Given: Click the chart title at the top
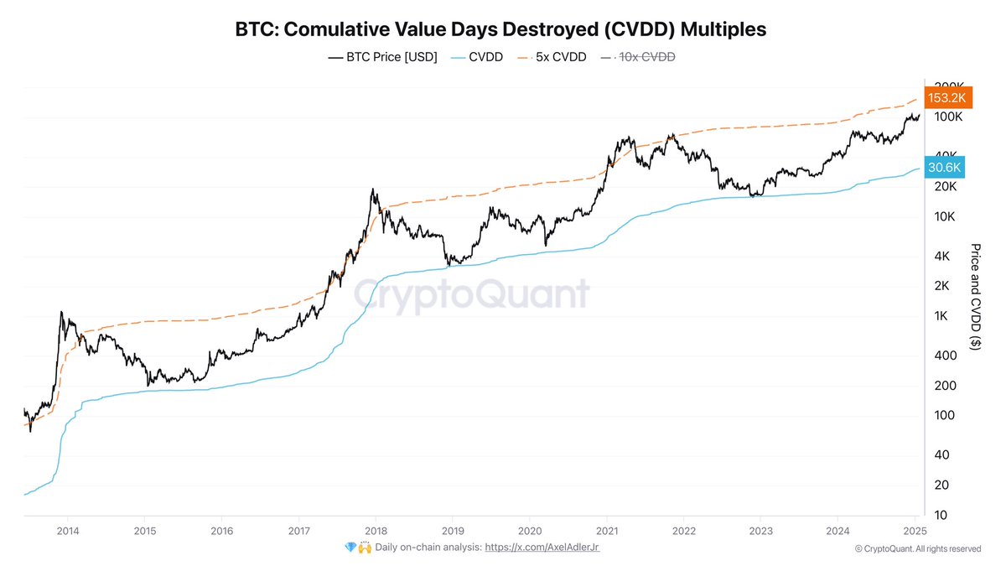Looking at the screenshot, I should pyautogui.click(x=500, y=29).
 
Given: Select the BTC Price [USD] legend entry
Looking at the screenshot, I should pyautogui.click(x=383, y=58).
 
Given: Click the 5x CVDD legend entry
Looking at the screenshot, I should pyautogui.click(x=555, y=58).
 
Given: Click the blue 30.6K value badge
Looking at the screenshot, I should pyautogui.click(x=945, y=168).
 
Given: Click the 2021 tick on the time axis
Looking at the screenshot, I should pyautogui.click(x=607, y=530).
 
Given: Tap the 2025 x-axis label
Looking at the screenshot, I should pyautogui.click(x=915, y=530).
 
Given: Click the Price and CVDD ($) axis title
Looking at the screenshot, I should pyautogui.click(x=975, y=297).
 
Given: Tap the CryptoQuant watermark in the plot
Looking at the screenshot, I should pyautogui.click(x=469, y=295).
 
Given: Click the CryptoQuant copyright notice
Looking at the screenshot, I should pyautogui.click(x=917, y=548).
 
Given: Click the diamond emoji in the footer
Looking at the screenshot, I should pyautogui.click(x=350, y=547).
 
